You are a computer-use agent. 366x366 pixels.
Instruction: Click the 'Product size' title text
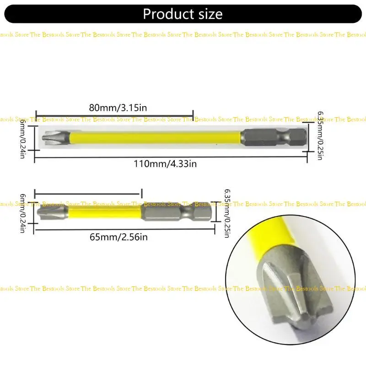[183, 14]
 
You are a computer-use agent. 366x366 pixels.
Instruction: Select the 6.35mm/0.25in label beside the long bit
[320, 135]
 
